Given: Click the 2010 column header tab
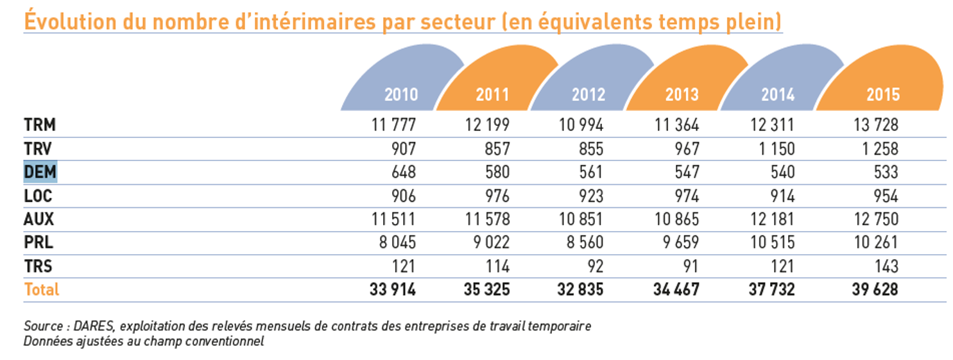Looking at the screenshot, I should tap(401, 94).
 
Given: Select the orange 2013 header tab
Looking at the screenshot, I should tap(682, 94).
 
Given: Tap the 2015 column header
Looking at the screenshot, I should tap(883, 94).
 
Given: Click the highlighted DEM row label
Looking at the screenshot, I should tap(40, 172).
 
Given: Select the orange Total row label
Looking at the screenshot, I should tap(41, 289).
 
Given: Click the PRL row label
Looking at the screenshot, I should tap(39, 243).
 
